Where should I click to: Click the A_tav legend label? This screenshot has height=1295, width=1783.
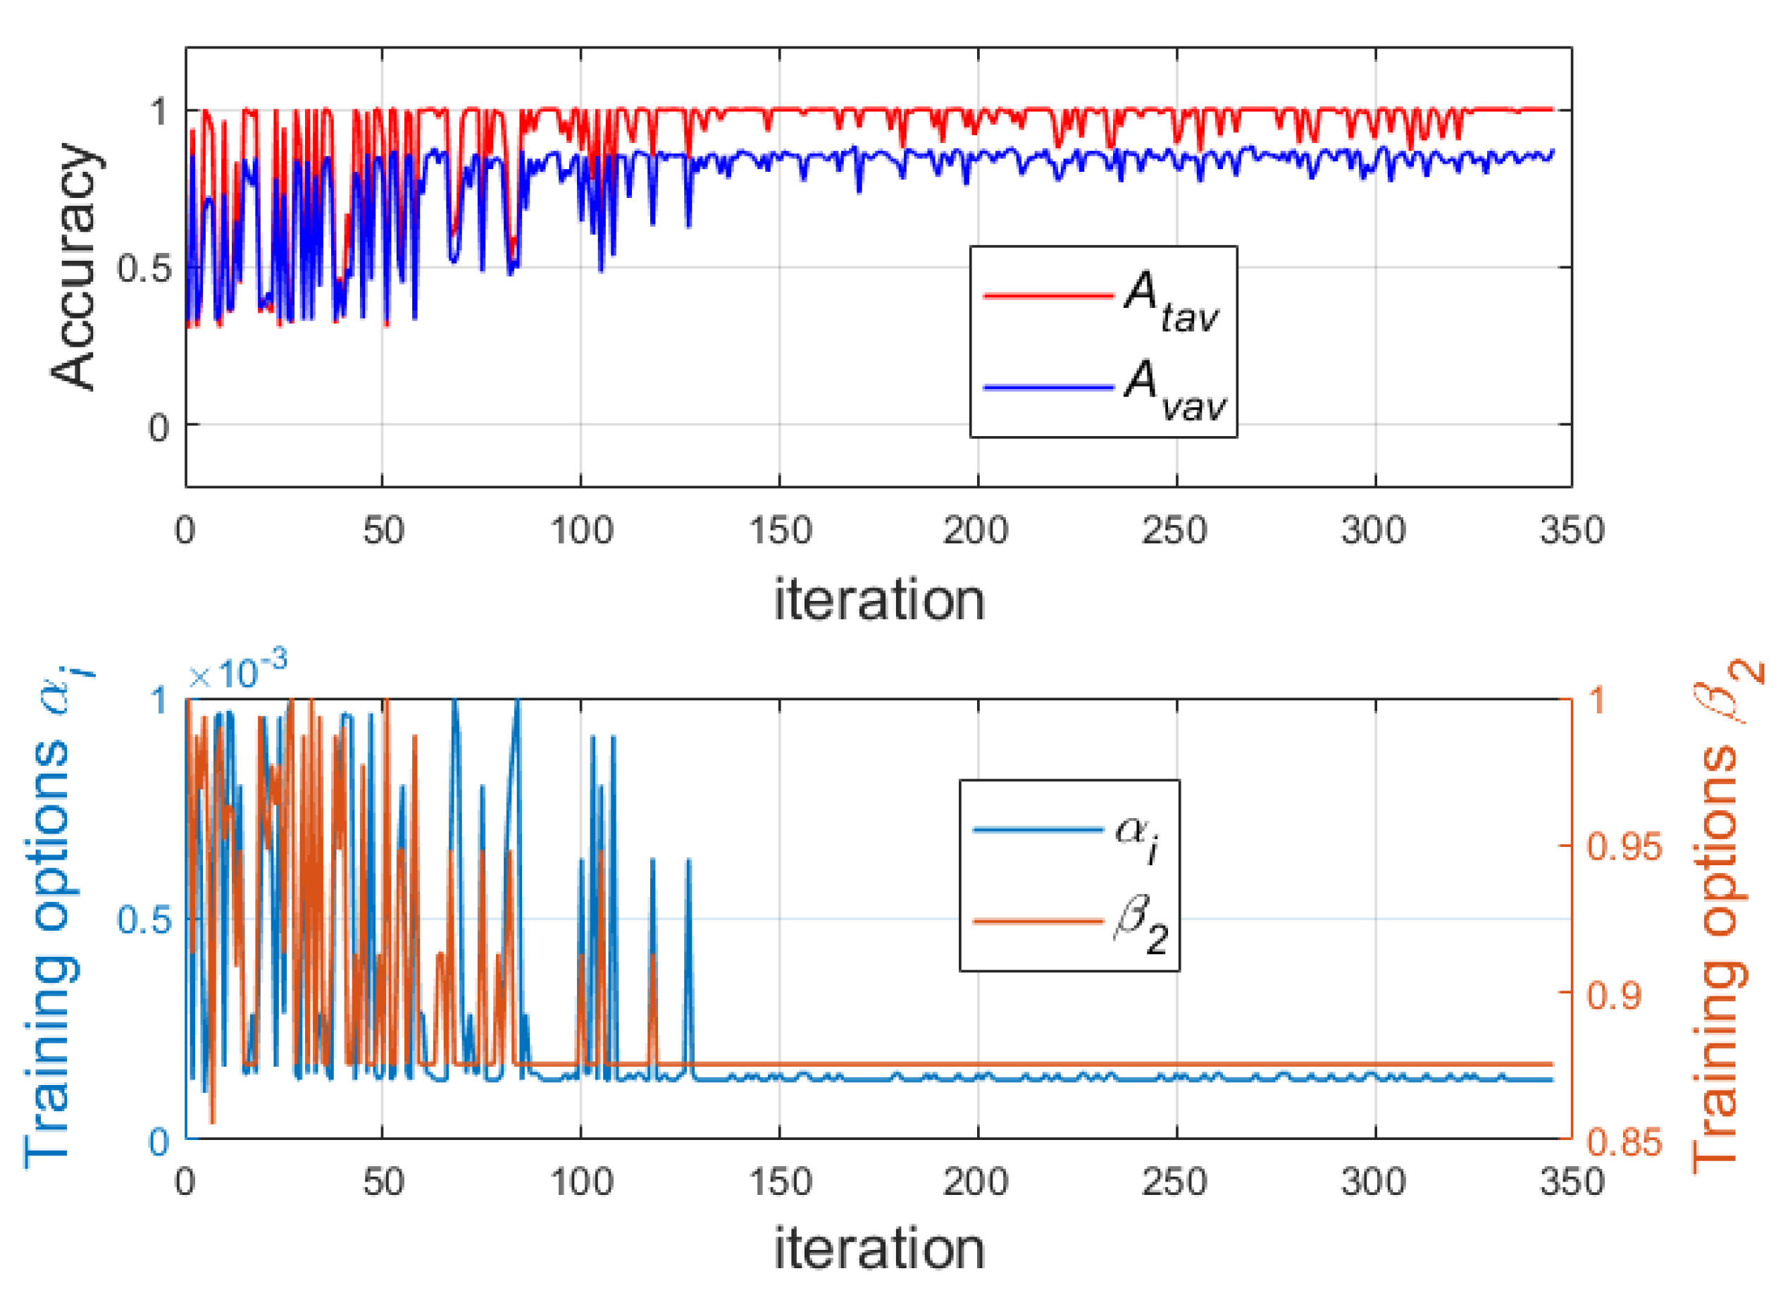coord(1171,300)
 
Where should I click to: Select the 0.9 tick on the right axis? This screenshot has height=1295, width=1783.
coord(1614,996)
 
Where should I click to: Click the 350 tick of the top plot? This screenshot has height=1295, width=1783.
coord(1572,531)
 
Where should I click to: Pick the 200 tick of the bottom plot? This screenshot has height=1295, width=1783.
coord(977,1182)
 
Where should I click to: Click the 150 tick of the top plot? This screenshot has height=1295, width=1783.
coord(779,531)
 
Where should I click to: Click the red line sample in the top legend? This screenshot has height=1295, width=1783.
coord(1048,296)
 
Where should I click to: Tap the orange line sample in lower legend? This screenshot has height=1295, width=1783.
coord(1038,921)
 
